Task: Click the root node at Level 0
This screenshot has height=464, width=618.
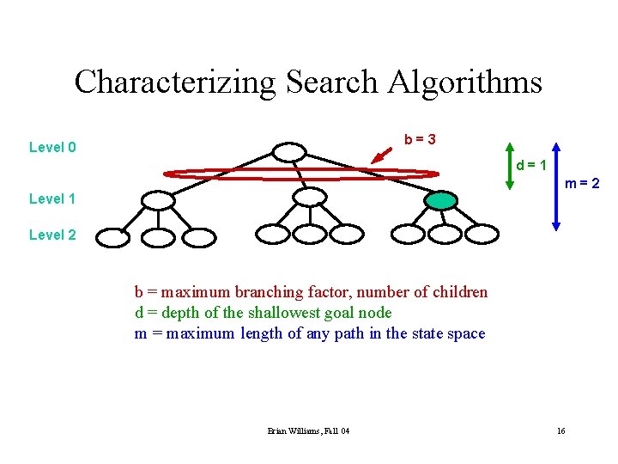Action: tap(288, 152)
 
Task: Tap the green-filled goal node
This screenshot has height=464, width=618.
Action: tap(440, 200)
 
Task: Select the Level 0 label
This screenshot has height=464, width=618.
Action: tap(52, 147)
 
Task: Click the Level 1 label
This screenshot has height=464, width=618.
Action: tap(52, 199)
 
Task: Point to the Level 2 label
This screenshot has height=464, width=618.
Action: tap(52, 235)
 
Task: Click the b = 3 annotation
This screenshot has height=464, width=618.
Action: tap(421, 139)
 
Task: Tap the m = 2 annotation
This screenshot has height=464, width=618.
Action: tap(581, 184)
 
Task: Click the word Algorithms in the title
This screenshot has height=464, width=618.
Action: tap(465, 82)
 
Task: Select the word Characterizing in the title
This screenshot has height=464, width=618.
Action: tap(175, 82)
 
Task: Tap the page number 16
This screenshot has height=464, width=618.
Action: tap(560, 430)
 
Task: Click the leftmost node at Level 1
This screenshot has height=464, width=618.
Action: tap(157, 200)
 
